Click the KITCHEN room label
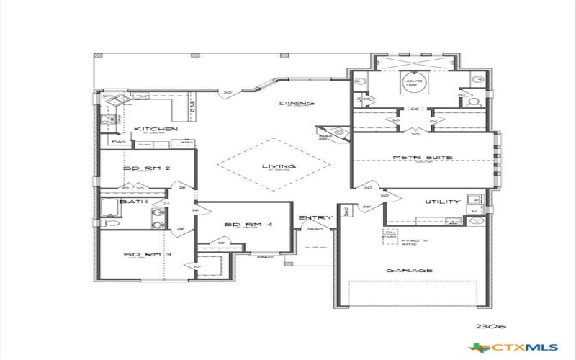click(x=156, y=129)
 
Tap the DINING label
click(x=297, y=104)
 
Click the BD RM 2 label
click(x=147, y=168)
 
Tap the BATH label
click(x=133, y=202)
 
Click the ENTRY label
click(x=316, y=217)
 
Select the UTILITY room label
click(x=442, y=202)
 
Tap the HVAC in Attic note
click(x=410, y=243)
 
